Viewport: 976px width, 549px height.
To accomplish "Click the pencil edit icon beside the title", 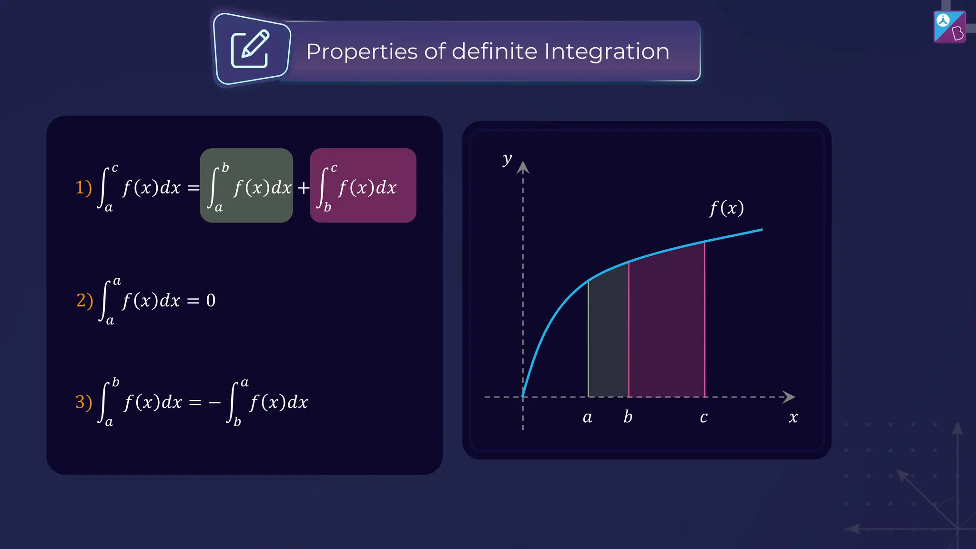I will point(251,50).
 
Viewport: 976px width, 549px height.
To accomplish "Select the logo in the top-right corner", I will point(949,27).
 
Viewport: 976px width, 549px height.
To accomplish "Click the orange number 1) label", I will point(83,187).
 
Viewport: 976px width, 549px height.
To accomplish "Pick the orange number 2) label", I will point(84,300).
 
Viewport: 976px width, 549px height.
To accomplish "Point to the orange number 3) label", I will point(83,402).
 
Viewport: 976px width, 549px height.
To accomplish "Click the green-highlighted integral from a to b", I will point(246,186).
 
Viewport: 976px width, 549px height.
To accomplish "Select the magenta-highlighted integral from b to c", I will point(363,186).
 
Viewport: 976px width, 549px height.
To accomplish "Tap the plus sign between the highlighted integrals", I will point(303,188).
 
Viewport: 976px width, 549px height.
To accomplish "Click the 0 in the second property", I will point(211,300).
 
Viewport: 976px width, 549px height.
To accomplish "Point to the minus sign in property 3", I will point(214,403).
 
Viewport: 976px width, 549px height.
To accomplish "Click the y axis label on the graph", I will point(507,159).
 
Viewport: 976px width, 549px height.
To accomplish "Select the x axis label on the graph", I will point(793,417).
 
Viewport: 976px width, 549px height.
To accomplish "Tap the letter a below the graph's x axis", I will point(588,417).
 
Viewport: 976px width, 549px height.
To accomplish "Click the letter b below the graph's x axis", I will point(628,417).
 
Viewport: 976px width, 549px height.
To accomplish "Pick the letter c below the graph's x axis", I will point(703,417).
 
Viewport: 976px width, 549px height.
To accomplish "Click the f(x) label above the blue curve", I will point(726,208).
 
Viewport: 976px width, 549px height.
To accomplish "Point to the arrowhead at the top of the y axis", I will point(523,167).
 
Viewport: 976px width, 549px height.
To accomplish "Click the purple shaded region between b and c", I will point(666,329).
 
